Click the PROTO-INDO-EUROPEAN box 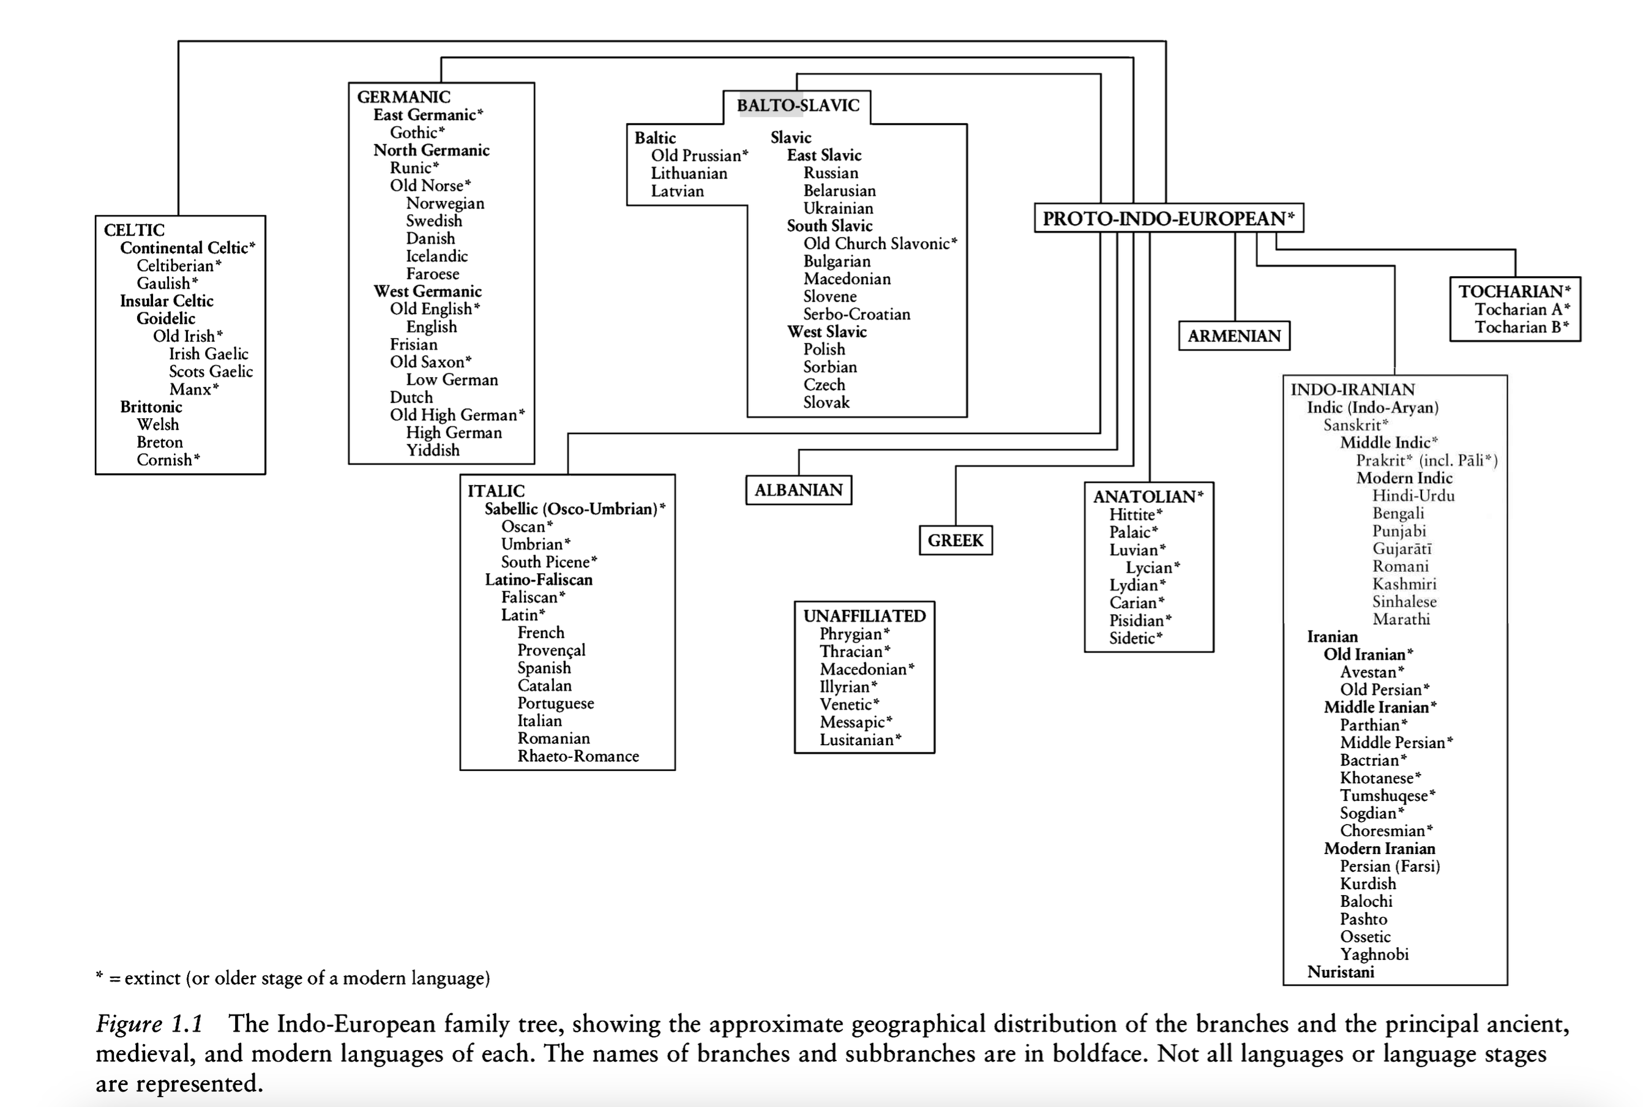click(1168, 218)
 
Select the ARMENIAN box click(1233, 336)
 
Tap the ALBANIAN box click(798, 490)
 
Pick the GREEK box click(955, 541)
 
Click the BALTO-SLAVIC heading click(798, 106)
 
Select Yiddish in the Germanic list click(433, 451)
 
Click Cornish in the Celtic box click(165, 460)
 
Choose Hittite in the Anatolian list click(1131, 515)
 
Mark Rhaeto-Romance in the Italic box click(578, 756)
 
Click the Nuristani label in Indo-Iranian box click(1340, 972)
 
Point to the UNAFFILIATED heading click(864, 615)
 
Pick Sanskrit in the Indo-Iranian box click(1352, 425)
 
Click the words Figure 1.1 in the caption click(149, 1024)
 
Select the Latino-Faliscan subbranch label click(539, 580)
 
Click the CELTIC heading click(134, 230)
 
